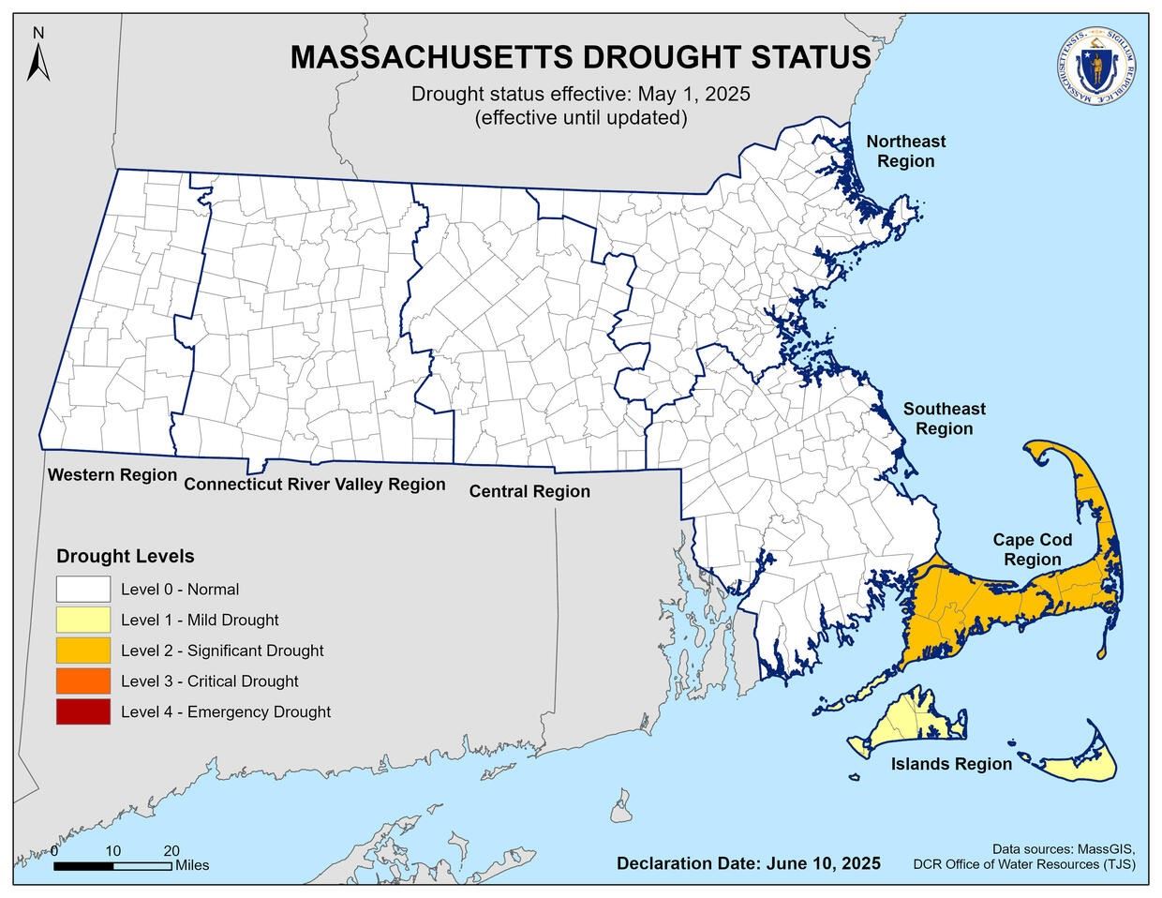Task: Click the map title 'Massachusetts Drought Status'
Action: (580, 57)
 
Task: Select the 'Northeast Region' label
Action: (905, 151)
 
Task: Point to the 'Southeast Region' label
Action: (944, 419)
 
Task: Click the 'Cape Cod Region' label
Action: (1032, 549)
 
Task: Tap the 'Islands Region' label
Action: (951, 764)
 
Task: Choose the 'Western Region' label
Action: (112, 475)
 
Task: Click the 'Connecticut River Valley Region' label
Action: (314, 485)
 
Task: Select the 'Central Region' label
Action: (529, 491)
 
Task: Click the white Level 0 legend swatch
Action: (82, 590)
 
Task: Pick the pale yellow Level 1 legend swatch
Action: (82, 620)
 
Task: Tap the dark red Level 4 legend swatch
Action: (82, 711)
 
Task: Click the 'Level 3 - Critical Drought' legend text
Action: (209, 681)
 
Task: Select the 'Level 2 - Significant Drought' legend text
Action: (222, 651)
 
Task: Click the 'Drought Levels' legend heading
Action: (126, 556)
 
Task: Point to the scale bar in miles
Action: (112, 865)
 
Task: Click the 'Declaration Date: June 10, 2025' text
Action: (748, 862)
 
